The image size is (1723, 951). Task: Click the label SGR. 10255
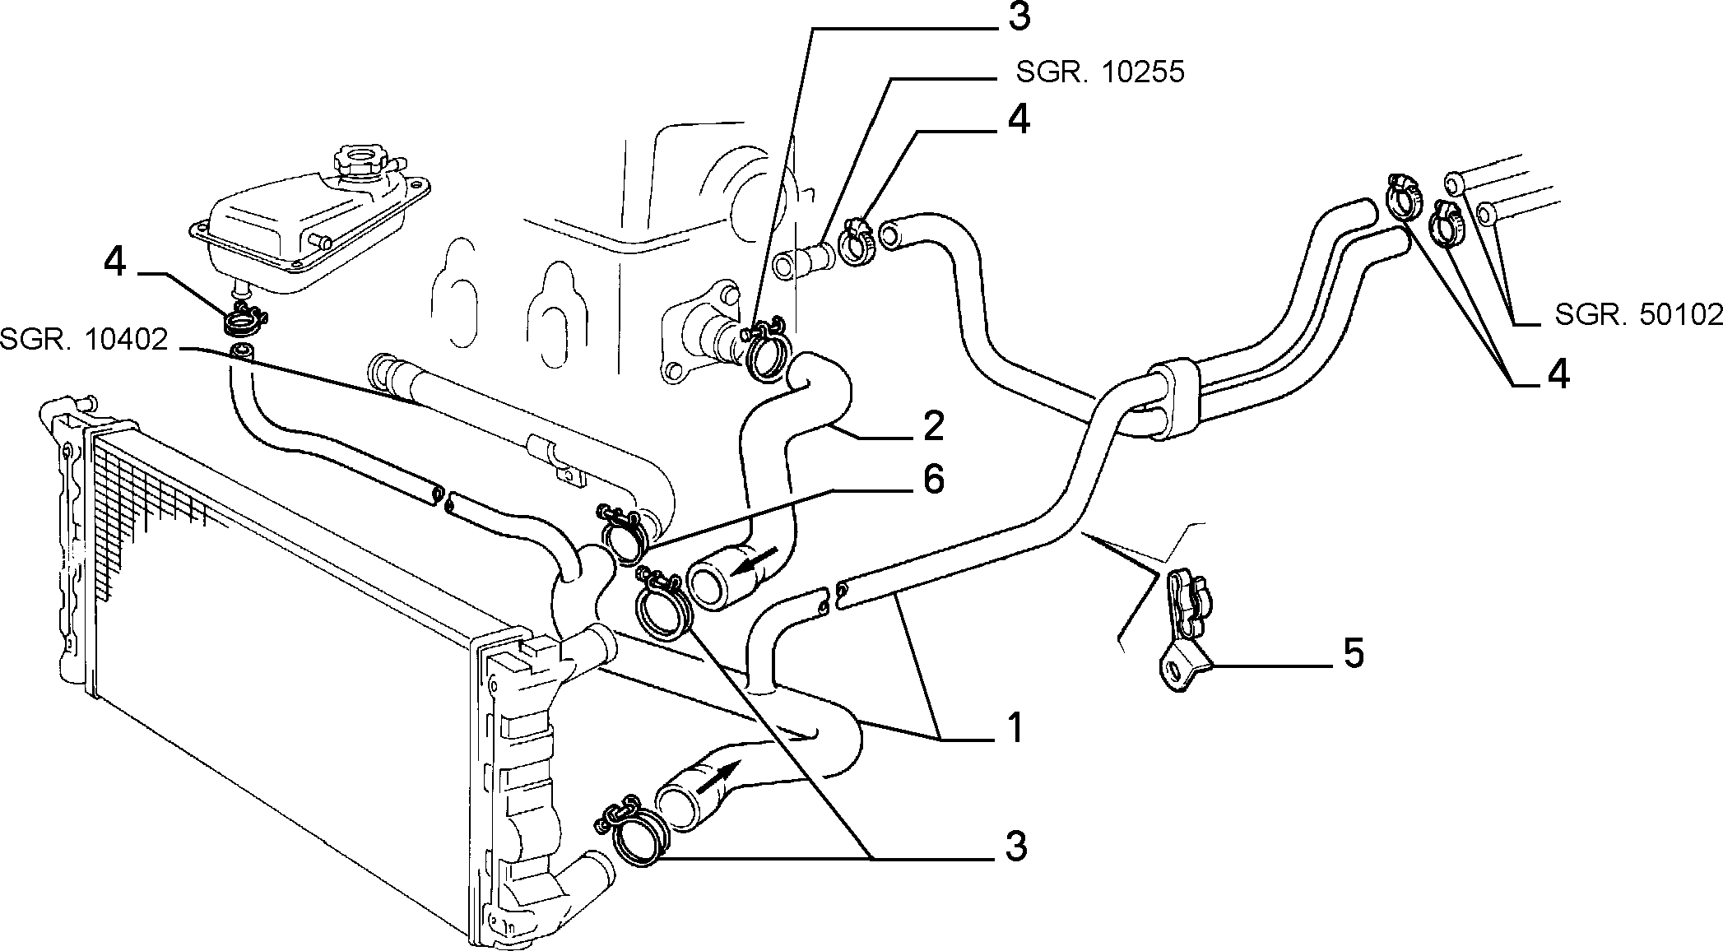click(1100, 72)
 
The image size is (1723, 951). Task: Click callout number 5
click(1354, 653)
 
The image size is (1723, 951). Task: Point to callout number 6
click(933, 480)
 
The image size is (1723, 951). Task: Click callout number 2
click(933, 425)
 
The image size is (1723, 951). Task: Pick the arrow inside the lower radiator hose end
click(717, 776)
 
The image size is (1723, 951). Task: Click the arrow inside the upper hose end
click(755, 564)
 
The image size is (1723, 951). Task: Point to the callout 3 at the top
click(1019, 17)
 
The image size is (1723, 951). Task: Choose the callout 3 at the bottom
click(1016, 847)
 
